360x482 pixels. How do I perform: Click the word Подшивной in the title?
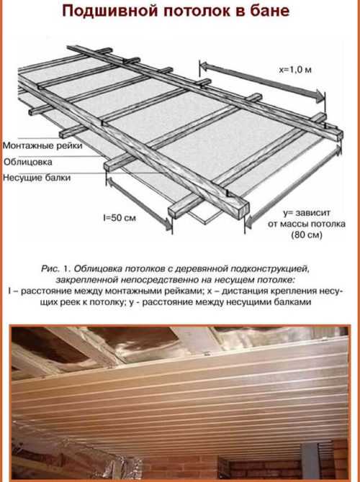(110, 12)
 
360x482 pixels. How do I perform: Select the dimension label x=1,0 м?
(295, 70)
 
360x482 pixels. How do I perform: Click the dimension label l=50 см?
(120, 218)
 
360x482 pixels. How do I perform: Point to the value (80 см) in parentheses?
(307, 235)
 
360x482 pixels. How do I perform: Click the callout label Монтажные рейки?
(42, 145)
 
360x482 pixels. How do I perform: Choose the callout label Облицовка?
(28, 162)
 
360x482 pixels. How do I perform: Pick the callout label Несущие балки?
(37, 178)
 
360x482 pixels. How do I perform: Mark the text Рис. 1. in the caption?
(55, 268)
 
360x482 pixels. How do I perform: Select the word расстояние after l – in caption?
(45, 291)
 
